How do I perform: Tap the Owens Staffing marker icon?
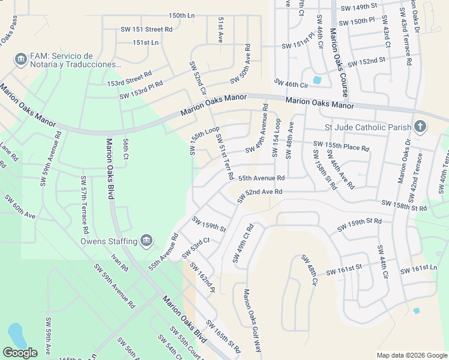pyautogui.click(x=146, y=241)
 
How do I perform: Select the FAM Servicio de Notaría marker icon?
pyautogui.click(x=20, y=59)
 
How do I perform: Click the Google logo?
pyautogui.click(x=20, y=353)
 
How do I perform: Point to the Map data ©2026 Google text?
pyautogui.click(x=411, y=355)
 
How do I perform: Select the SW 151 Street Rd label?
pyautogui.click(x=148, y=29)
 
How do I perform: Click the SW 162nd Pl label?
pyautogui.click(x=202, y=277)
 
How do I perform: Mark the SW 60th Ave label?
pyautogui.click(x=19, y=206)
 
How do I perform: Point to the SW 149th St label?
pyautogui.click(x=358, y=6)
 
